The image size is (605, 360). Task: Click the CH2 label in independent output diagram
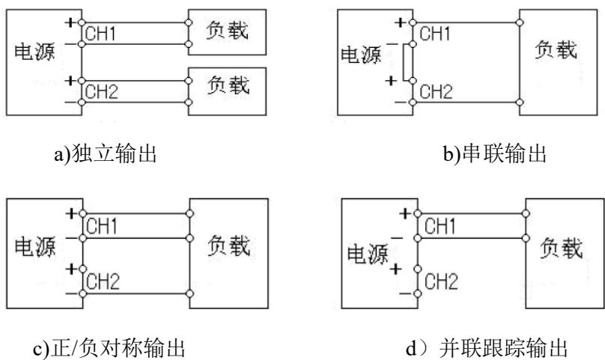click(x=103, y=93)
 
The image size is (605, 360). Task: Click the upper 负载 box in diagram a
click(x=226, y=32)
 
